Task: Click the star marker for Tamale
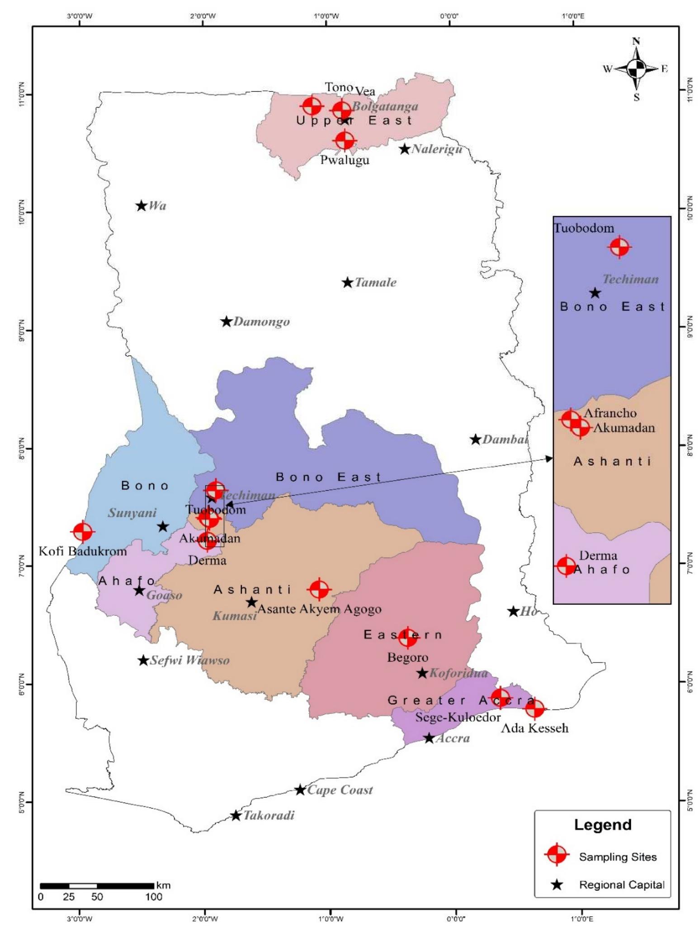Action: coord(347,283)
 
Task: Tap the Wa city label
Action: coord(157,206)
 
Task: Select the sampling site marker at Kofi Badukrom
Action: coord(83,532)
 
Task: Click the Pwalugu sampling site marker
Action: coord(345,140)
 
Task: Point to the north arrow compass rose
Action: coord(636,69)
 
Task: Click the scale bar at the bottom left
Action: coord(97,886)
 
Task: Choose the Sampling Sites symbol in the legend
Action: coord(557,855)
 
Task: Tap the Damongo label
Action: coord(261,322)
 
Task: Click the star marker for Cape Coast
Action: coord(300,790)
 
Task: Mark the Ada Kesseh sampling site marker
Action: coord(535,709)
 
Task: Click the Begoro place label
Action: coord(407,657)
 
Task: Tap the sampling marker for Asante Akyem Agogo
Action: coord(319,589)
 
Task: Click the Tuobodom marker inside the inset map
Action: coord(619,247)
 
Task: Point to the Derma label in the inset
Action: coord(598,555)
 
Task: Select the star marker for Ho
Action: coord(513,611)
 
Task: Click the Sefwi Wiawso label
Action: coord(189,660)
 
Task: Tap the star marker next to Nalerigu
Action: coord(405,149)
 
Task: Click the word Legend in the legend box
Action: coord(602,824)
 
